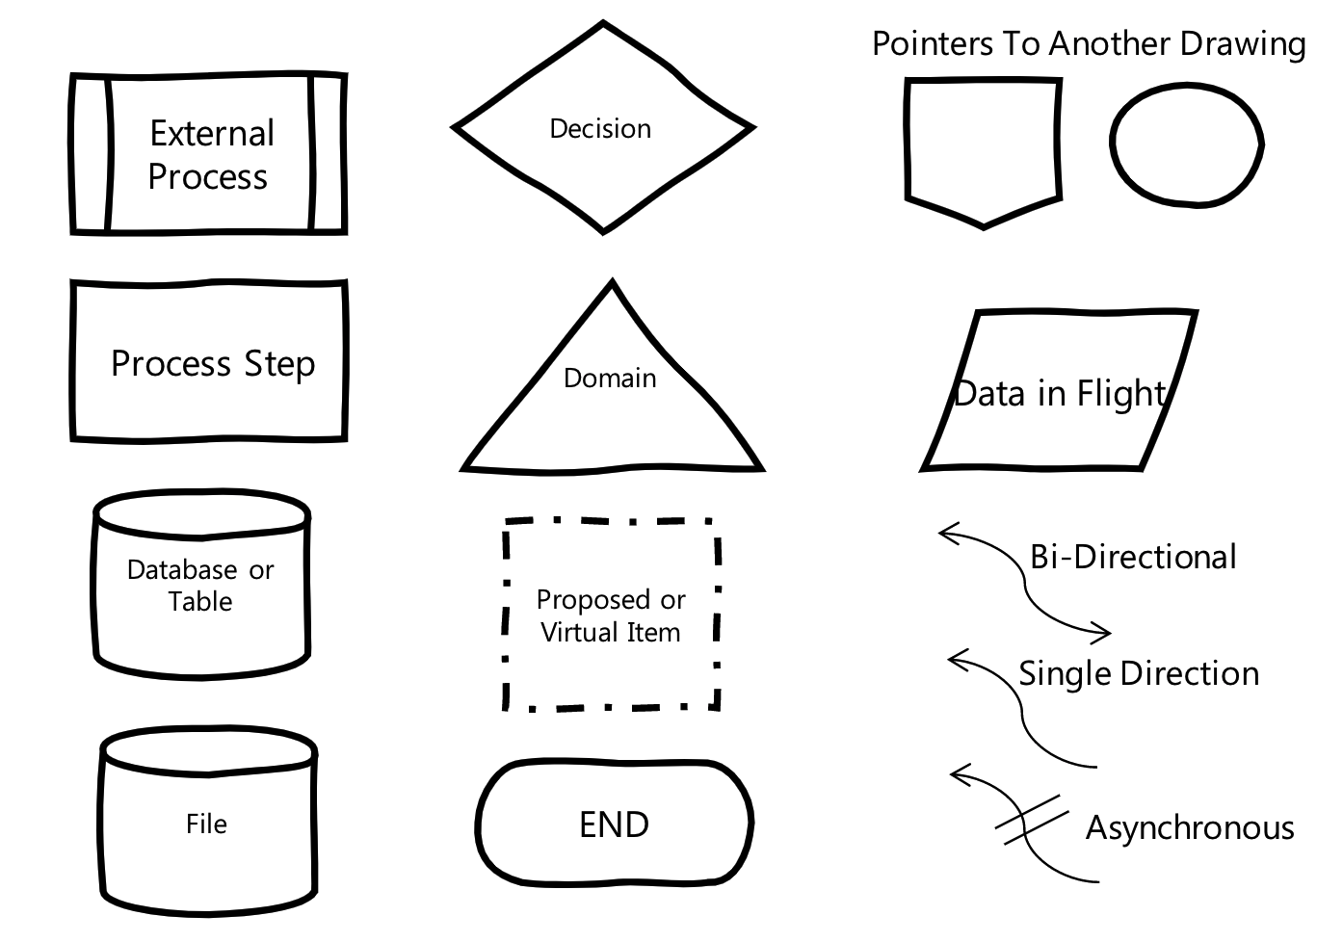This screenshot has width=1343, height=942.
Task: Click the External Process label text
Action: [x=211, y=155]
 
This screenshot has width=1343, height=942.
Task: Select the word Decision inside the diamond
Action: [x=600, y=129]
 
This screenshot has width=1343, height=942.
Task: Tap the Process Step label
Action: [x=213, y=364]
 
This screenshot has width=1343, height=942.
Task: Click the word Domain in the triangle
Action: [x=610, y=379]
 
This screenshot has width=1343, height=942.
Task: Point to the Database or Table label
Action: [x=200, y=585]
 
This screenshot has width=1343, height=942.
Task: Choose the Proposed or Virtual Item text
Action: [x=611, y=615]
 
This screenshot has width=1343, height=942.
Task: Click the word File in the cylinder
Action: [x=206, y=824]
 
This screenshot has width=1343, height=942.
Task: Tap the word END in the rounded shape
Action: [x=614, y=824]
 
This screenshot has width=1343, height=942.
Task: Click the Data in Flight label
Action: [x=1060, y=394]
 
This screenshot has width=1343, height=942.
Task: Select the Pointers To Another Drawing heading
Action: [x=1089, y=44]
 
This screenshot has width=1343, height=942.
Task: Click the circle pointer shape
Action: [x=1185, y=144]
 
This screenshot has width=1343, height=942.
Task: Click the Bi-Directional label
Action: [x=1133, y=558]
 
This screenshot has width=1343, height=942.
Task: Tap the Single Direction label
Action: [x=1139, y=673]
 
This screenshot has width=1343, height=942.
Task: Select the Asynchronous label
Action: [x=1190, y=828]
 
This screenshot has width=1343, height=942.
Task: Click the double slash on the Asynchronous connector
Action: [x=1031, y=820]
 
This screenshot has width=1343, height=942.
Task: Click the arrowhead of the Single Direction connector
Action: [x=955, y=661]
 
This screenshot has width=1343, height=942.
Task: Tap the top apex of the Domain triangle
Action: [x=611, y=284]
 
